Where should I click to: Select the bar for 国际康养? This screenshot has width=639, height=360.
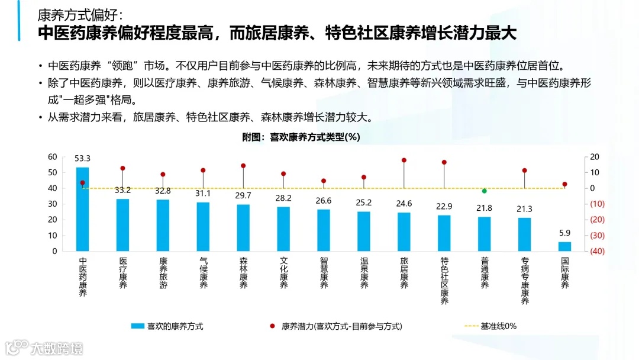(565, 246)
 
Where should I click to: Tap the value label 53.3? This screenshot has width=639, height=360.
(82, 159)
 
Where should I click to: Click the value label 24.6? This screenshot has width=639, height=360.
(404, 204)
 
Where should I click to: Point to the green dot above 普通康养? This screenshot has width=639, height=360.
(484, 191)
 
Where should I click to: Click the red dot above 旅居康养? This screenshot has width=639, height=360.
(404, 160)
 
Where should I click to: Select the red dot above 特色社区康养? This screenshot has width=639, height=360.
(444, 162)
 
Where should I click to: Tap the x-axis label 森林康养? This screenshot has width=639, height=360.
(243, 273)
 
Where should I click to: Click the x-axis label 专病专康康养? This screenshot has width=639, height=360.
(525, 281)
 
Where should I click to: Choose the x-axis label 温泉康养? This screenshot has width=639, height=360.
(364, 273)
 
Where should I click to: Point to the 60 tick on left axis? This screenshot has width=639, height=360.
(53, 157)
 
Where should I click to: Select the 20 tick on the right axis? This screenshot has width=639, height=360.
(595, 157)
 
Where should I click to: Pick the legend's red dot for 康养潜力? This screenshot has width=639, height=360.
(272, 326)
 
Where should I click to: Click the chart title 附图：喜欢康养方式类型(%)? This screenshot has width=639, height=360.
(301, 137)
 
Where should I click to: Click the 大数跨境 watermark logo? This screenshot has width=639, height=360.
(44, 347)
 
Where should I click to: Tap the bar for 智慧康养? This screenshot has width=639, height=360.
(324, 230)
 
